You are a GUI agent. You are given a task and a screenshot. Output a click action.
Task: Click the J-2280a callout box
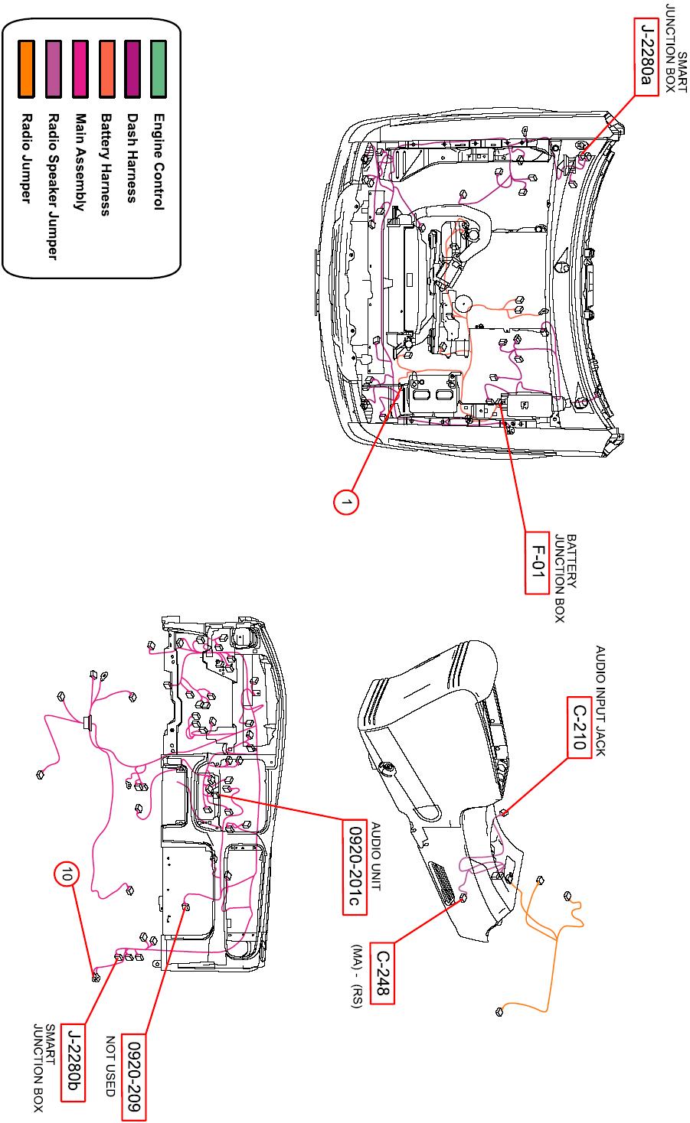click(646, 57)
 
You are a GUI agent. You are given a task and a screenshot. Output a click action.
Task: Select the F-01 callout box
click(535, 566)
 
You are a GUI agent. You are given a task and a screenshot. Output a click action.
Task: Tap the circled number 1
click(346, 502)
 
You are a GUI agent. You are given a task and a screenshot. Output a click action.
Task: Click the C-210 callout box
click(580, 726)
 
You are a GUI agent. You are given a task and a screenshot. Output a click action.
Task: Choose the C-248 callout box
click(382, 973)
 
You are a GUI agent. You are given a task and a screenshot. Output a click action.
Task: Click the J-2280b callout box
click(74, 1062)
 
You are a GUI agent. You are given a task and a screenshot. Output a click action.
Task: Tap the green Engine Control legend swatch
click(159, 69)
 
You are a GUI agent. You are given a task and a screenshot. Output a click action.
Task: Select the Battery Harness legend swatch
click(106, 69)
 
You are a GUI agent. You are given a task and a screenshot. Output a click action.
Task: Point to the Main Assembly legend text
click(80, 162)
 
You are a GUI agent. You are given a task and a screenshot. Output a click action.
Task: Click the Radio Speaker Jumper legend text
click(53, 187)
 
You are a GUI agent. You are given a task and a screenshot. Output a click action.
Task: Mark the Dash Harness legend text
click(132, 158)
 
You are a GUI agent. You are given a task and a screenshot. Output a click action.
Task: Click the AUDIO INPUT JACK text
click(600, 701)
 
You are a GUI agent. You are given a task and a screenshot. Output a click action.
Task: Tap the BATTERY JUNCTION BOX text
click(565, 578)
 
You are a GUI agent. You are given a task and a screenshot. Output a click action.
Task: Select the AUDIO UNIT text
click(376, 857)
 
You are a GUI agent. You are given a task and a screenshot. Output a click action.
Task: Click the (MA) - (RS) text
click(357, 977)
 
